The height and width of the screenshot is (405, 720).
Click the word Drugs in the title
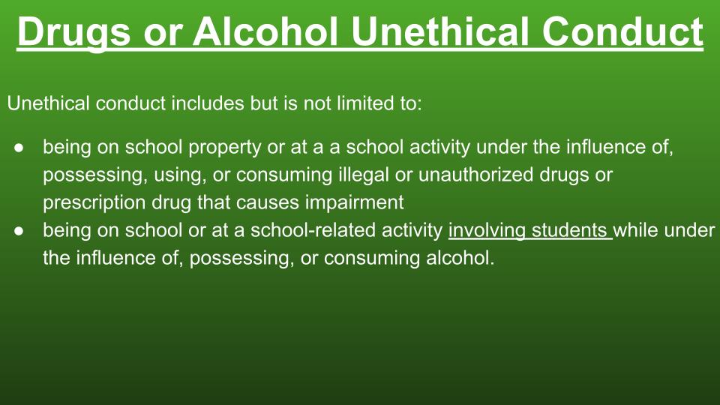click(74, 32)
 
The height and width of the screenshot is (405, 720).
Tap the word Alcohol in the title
click(265, 31)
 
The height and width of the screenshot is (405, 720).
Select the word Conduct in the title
click(622, 31)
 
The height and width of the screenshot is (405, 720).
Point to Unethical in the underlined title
click(440, 31)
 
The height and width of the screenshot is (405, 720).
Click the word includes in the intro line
click(208, 103)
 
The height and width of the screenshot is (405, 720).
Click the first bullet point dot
click(19, 148)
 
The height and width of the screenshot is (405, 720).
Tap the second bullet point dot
click(19, 231)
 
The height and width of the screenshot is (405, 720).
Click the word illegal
click(364, 175)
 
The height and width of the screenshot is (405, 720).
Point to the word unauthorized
click(475, 175)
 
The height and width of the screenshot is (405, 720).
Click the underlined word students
click(569, 230)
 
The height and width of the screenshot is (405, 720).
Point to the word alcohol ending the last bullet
click(460, 257)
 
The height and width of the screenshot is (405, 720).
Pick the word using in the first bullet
click(180, 175)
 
